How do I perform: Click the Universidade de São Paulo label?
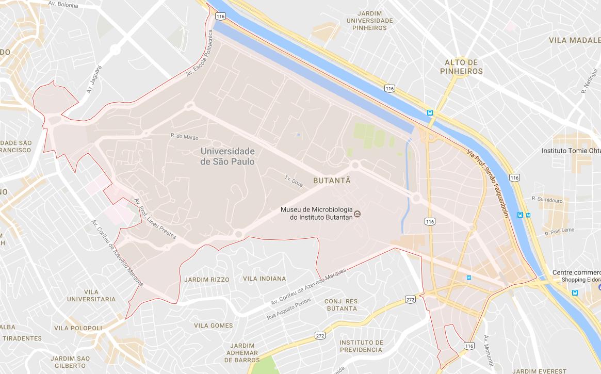tap(227, 156)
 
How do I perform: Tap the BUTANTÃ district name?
tap(332, 181)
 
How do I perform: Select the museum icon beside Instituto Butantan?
tap(359, 214)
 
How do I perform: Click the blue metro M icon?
tap(468, 278)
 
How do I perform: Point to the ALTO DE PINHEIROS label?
tap(463, 67)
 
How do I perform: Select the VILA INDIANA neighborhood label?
tap(264, 279)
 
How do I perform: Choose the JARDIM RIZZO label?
tap(206, 279)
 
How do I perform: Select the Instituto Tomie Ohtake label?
tap(571, 151)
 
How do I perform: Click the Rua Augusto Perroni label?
tap(289, 308)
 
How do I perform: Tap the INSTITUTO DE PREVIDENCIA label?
tap(361, 346)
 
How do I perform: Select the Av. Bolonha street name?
tap(63, 5)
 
